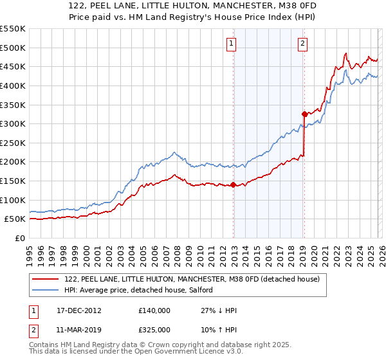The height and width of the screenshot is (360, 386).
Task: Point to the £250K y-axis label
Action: tap(13, 143)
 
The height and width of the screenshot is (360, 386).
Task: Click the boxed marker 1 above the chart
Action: tap(231, 44)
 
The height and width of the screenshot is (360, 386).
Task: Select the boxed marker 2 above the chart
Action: tap(302, 44)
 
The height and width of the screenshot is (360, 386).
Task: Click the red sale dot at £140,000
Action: tap(233, 185)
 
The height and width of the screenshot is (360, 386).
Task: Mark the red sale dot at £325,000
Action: tap(304, 114)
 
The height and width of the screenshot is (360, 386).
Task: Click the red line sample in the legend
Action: tap(46, 279)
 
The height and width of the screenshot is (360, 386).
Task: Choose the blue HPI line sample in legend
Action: tap(46, 291)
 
